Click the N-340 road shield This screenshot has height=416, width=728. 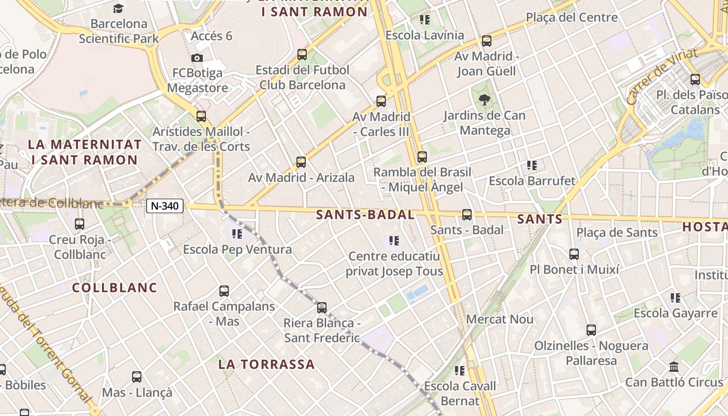[x=165, y=206]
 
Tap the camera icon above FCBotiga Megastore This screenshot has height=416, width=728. [x=197, y=58]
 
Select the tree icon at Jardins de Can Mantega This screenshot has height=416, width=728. [x=484, y=99]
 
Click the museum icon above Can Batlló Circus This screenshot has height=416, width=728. [x=674, y=367]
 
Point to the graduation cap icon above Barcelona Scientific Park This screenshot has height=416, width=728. [x=119, y=9]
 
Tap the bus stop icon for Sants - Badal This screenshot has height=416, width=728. [x=467, y=214]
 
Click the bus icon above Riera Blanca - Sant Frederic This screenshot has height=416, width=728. [x=322, y=307]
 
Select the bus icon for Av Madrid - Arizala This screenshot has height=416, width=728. [x=301, y=162]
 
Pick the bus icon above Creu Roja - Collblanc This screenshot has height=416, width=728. [x=80, y=224]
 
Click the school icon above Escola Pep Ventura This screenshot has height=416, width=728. [x=237, y=234]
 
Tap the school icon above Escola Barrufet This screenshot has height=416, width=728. [x=532, y=165]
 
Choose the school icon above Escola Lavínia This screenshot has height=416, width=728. [x=425, y=20]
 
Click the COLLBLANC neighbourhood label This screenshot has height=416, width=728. [x=114, y=288]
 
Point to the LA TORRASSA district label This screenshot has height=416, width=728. [x=266, y=364]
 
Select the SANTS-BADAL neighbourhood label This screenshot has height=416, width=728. [x=365, y=215]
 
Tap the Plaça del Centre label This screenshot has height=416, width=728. [x=571, y=17]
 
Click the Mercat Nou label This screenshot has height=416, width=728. [x=500, y=319]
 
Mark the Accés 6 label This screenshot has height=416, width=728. [x=211, y=36]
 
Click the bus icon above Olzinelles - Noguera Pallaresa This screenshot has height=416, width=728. [x=591, y=330]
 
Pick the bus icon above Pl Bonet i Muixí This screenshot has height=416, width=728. [x=574, y=254]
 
